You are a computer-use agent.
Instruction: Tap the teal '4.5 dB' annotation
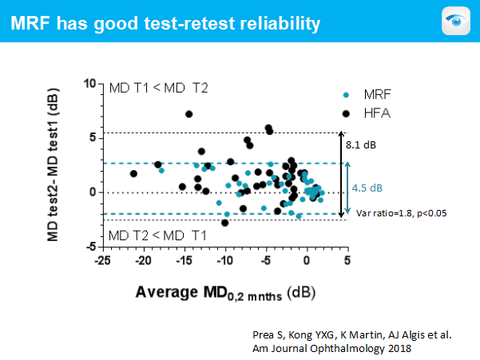367,190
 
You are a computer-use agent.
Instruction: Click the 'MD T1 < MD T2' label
158,87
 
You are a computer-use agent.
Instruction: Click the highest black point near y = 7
189,114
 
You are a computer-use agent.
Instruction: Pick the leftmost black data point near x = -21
133,173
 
